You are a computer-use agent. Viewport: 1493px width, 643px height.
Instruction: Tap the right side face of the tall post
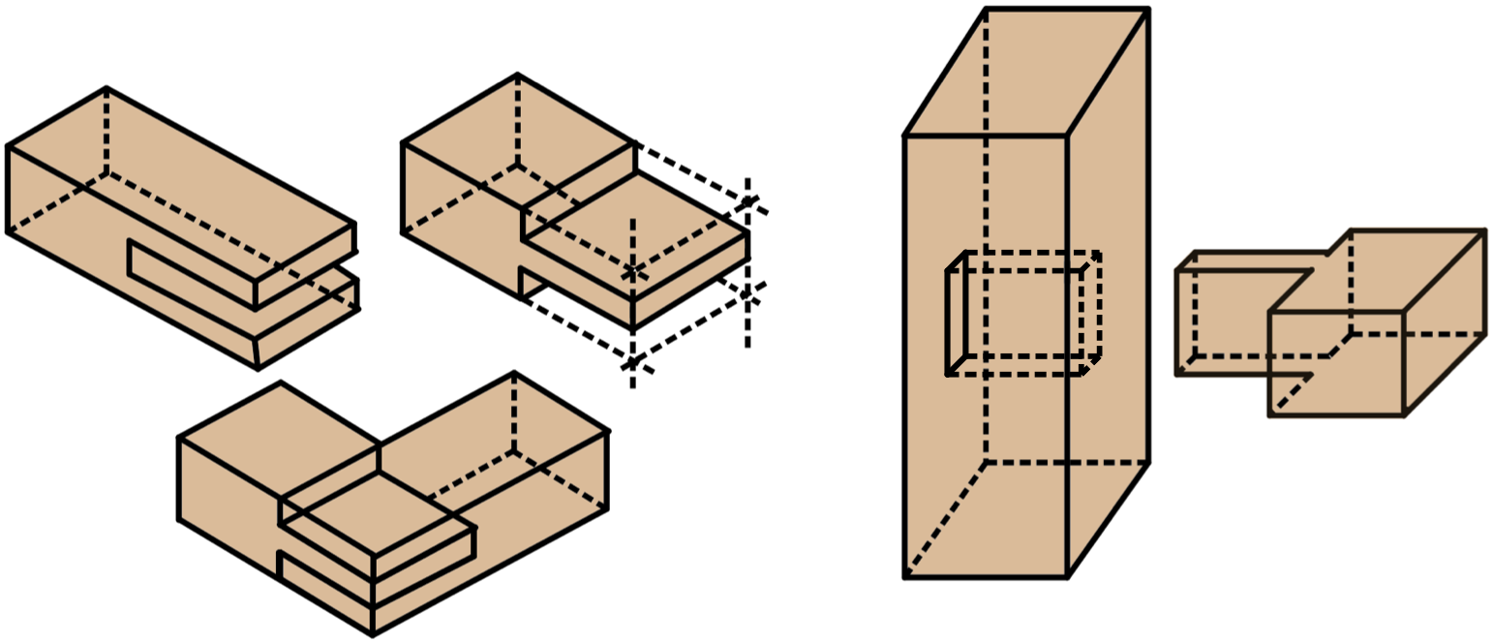pyautogui.click(x=1108, y=320)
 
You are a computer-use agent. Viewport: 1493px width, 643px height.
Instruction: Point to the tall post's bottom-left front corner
pyautogui.click(x=905, y=577)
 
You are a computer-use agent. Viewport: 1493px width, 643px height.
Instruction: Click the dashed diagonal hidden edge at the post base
pyautogui.click(x=945, y=520)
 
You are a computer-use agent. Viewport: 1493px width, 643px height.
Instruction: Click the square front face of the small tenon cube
pyautogui.click(x=1336, y=364)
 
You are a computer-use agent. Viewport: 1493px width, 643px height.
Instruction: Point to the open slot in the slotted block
pyautogui.click(x=194, y=275)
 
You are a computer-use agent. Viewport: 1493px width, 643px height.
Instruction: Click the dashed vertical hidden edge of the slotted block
pyautogui.click(x=107, y=131)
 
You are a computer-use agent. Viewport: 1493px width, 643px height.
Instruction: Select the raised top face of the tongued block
pyautogui.click(x=518, y=140)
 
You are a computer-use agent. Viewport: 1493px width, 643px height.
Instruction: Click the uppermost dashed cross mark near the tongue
pyautogui.click(x=747, y=202)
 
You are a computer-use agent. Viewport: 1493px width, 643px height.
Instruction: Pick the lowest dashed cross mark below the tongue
pyautogui.click(x=632, y=363)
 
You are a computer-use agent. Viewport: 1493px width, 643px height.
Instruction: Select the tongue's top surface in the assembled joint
pyautogui.click(x=378, y=513)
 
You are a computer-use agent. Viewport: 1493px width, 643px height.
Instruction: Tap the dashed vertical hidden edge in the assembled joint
pyautogui.click(x=513, y=412)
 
